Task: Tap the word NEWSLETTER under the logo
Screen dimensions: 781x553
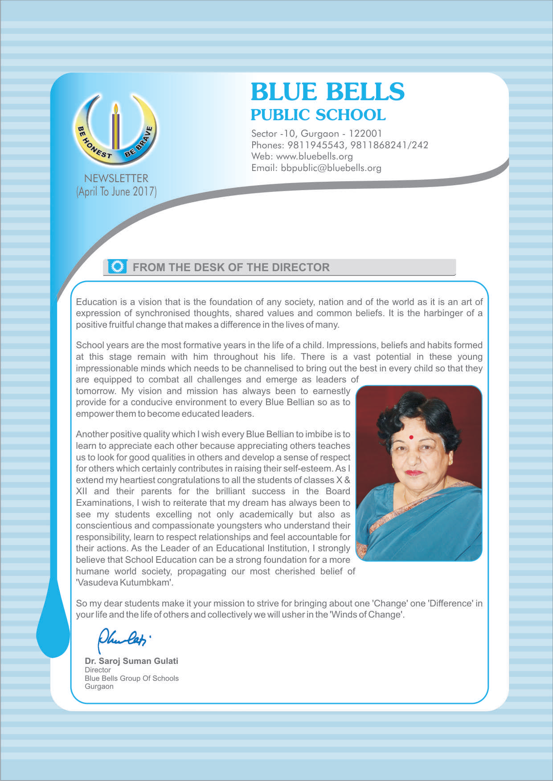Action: click(116, 178)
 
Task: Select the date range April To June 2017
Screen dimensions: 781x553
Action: click(116, 191)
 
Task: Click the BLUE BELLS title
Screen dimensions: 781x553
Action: click(328, 92)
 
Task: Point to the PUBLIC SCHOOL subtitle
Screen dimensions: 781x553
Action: click(318, 115)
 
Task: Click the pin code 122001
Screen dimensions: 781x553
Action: click(365, 133)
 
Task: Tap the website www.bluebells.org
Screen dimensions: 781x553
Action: click(314, 156)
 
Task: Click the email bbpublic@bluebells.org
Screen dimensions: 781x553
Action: click(331, 168)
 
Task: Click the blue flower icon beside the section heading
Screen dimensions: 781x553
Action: click(118, 266)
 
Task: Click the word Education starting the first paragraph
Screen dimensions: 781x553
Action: click(95, 302)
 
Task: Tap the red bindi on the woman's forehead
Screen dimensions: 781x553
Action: click(411, 437)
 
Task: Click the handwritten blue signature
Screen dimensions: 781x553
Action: click(123, 639)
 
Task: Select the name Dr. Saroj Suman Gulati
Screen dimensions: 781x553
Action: click(131, 661)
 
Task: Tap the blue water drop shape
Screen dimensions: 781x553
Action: click(53, 623)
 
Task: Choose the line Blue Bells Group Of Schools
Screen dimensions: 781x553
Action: click(131, 678)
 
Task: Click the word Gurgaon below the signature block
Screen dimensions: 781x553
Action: click(99, 687)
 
